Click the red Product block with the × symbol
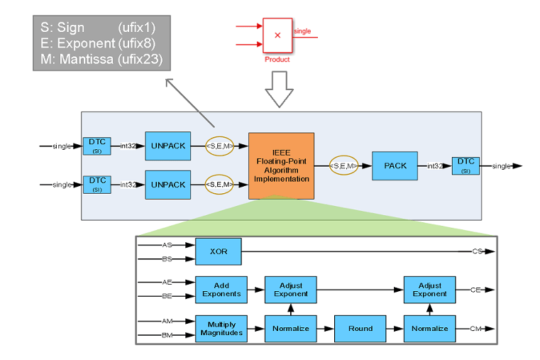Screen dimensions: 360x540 point(277,35)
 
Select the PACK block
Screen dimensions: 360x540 point(395,165)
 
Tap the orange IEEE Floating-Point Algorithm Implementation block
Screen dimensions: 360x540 point(281,166)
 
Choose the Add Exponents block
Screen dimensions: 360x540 point(221,289)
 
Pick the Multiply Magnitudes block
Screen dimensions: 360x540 point(221,327)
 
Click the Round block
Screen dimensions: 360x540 point(360,328)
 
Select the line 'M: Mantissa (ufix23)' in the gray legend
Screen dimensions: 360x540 point(101,60)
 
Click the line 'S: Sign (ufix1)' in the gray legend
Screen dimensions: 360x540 point(97,28)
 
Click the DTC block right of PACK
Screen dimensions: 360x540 point(465,165)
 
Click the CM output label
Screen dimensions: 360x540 point(477,328)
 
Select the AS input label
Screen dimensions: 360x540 point(167,245)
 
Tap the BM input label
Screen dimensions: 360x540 point(167,335)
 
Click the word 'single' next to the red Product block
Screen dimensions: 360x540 point(302,31)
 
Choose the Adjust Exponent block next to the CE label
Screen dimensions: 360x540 point(430,289)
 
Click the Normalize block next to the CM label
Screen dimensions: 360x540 point(430,328)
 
